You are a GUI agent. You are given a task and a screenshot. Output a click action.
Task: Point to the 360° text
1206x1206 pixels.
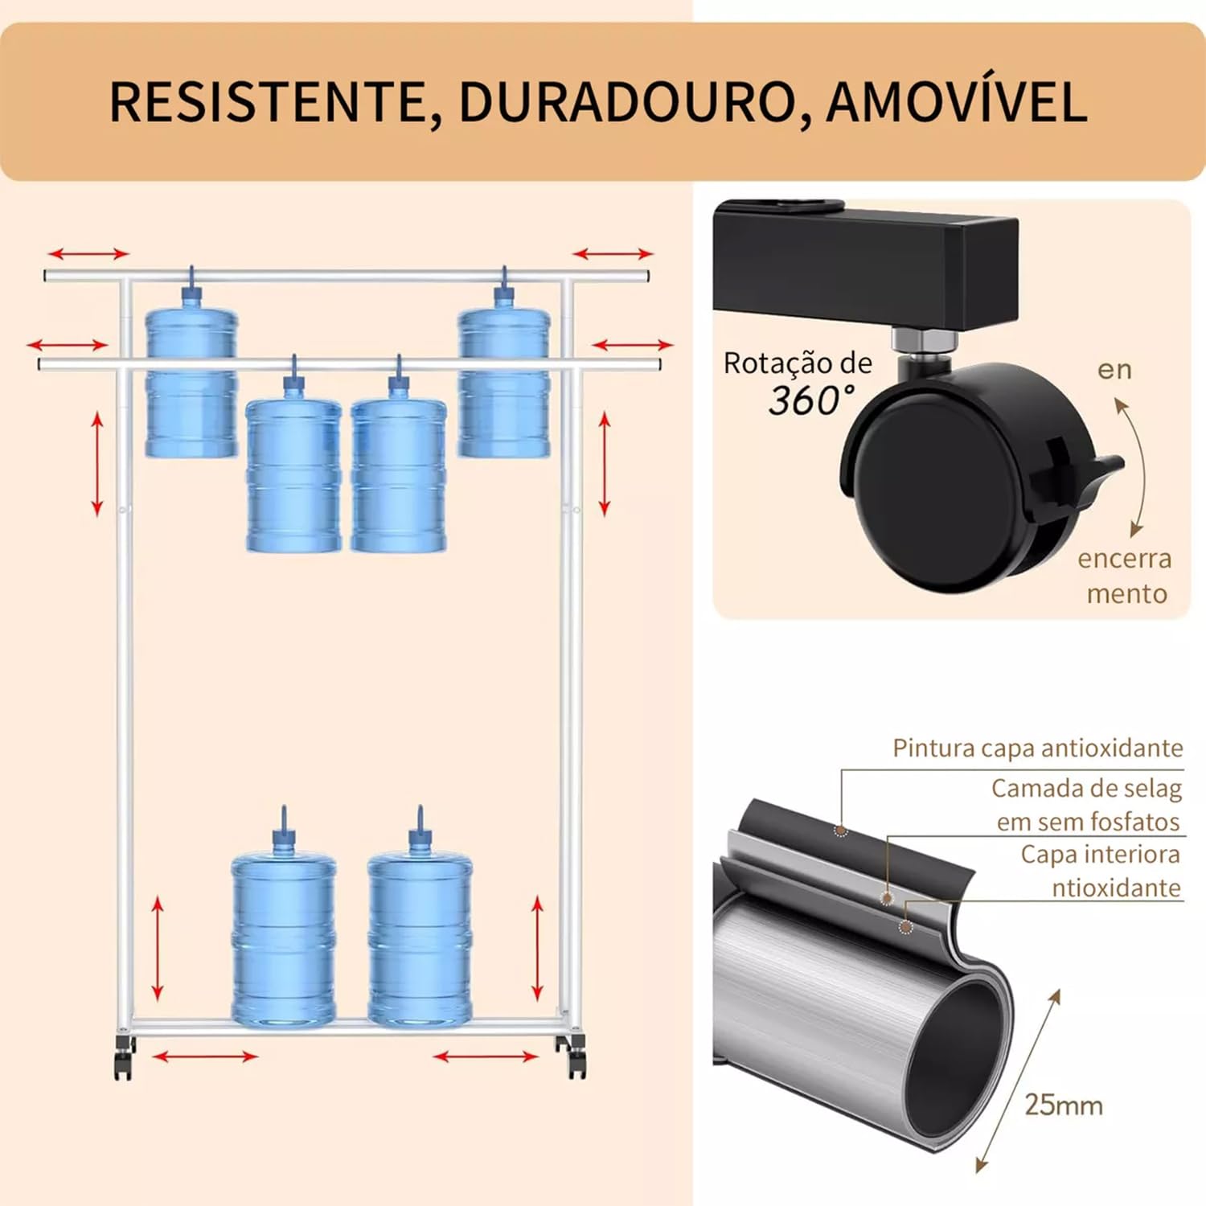point(810,400)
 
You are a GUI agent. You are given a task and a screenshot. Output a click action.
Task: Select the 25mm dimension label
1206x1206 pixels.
point(1063,1105)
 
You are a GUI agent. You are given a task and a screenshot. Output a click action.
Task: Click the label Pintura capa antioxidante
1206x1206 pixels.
point(1037,748)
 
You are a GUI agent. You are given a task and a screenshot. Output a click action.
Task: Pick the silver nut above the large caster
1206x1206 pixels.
point(925,342)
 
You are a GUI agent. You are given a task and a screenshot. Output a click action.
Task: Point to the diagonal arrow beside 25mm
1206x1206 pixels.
point(1018,1081)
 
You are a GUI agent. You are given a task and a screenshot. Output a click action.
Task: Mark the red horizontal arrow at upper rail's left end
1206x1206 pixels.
point(88,254)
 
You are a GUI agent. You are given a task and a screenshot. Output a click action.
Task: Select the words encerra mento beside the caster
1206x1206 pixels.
point(1125,576)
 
